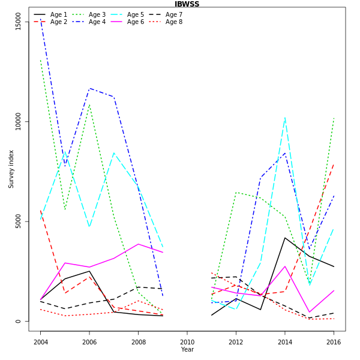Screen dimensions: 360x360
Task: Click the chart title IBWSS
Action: click(187, 4)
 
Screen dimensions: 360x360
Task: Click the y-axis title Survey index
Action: click(11, 169)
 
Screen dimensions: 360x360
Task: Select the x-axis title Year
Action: click(187, 349)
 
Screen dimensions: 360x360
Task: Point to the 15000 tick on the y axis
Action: click(18, 22)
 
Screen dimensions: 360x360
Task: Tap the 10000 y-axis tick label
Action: click(18, 122)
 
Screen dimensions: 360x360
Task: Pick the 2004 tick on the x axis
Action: click(41, 342)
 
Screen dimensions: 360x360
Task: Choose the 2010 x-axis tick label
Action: click(187, 342)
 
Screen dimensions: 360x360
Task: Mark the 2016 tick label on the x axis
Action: click(333, 342)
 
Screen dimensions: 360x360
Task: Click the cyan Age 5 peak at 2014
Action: click(284, 118)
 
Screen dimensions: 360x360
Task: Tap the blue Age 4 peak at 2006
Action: click(89, 89)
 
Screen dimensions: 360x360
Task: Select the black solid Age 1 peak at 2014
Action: click(284, 238)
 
